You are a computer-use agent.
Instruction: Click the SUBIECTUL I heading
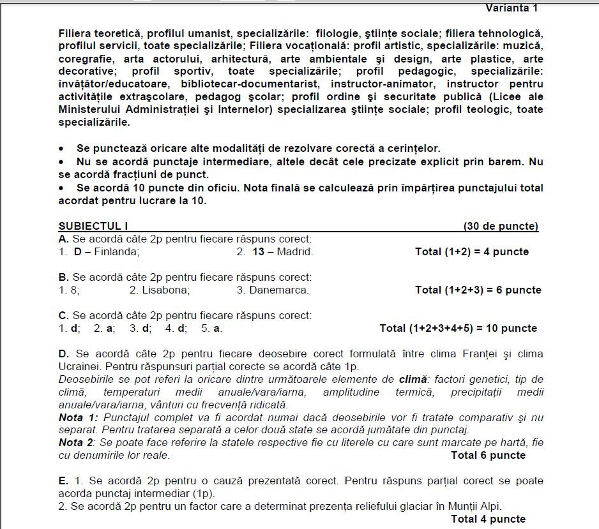point(93,227)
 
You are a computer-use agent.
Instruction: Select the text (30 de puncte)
point(501,227)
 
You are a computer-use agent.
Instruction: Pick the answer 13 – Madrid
point(283,252)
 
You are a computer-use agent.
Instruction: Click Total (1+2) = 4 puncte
point(472,252)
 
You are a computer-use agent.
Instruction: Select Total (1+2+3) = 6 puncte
point(478,290)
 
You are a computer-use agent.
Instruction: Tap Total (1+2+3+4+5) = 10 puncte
point(458,329)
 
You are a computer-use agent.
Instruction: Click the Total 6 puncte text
point(488,456)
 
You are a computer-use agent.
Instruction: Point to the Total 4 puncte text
point(488,519)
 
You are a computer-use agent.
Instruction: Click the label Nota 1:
point(77,418)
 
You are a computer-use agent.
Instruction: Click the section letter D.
point(63,354)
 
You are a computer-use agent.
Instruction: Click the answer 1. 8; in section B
point(70,290)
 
